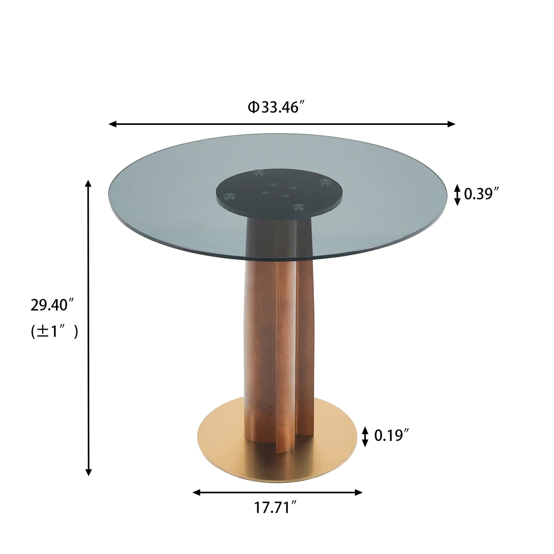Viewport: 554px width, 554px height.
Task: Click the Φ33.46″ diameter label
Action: click(278, 108)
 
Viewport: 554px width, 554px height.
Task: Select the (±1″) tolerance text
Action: click(54, 332)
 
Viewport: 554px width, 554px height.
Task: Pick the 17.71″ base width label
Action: click(276, 508)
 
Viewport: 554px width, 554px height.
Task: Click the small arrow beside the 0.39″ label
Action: click(457, 194)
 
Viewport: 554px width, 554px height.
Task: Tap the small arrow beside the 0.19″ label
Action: click(365, 436)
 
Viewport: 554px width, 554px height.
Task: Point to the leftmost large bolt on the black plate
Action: click(230, 197)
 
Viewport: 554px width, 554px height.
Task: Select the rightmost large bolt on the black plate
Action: click(325, 182)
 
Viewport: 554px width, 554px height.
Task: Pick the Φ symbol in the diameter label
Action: click(253, 108)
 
